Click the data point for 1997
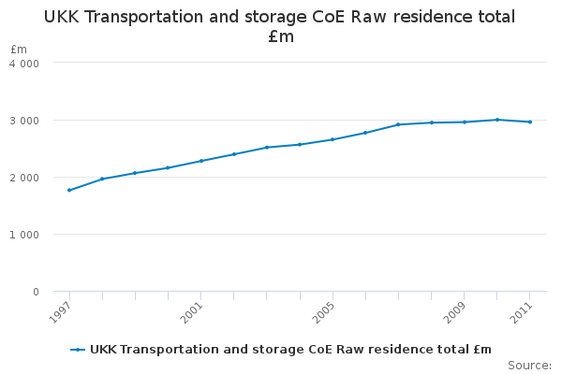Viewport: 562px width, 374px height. pos(69,190)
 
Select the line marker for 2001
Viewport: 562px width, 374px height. pos(200,161)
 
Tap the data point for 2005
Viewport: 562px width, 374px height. pos(333,139)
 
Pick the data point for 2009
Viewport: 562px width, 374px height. pos(465,122)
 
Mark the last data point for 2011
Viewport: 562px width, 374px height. pos(530,122)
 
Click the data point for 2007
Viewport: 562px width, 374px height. pos(398,124)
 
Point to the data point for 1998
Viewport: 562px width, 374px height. pos(102,179)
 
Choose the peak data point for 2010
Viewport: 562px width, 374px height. pos(497,120)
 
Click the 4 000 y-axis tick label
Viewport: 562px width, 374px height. pos(24,64)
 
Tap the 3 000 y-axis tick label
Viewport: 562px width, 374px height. pos(24,121)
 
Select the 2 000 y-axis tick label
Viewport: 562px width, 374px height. pos(24,178)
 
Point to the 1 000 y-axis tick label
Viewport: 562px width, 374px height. pos(24,235)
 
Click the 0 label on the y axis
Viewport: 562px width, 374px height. pos(36,292)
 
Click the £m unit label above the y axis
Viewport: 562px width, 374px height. pos(19,49)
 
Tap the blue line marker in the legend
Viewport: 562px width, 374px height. pos(78,350)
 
